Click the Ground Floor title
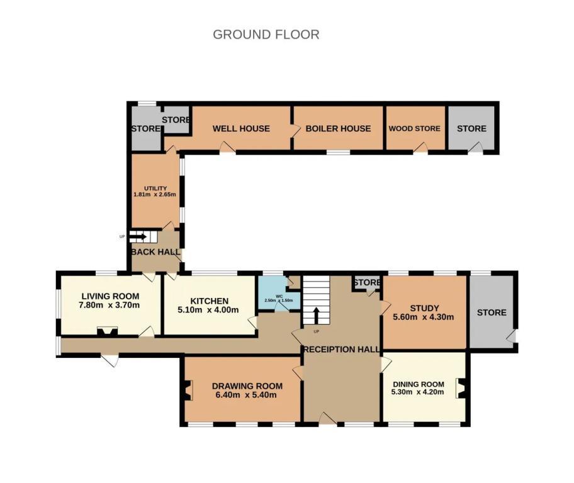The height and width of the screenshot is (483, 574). tap(266, 35)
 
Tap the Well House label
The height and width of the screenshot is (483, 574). tap(241, 128)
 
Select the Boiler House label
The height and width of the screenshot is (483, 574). tap(338, 128)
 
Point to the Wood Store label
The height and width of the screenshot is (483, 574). tap(414, 128)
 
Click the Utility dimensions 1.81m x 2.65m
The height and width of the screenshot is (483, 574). tap(155, 194)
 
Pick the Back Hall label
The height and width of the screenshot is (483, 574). tap(155, 252)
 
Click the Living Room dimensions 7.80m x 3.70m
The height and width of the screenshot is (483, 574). tap(109, 305)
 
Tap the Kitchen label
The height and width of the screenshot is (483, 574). tap(210, 301)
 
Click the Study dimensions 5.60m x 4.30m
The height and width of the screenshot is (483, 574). tap(424, 317)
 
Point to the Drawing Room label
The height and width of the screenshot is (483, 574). tap(247, 386)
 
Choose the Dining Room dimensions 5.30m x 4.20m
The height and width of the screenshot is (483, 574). tap(418, 392)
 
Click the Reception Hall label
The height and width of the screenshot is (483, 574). tap(342, 350)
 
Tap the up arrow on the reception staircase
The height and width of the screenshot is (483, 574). tap(316, 314)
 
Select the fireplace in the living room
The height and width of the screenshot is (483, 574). tap(107, 331)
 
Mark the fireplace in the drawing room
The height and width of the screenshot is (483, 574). tap(189, 390)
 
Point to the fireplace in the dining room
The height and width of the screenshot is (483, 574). tap(461, 388)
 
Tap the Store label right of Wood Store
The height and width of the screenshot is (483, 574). tap(471, 128)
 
